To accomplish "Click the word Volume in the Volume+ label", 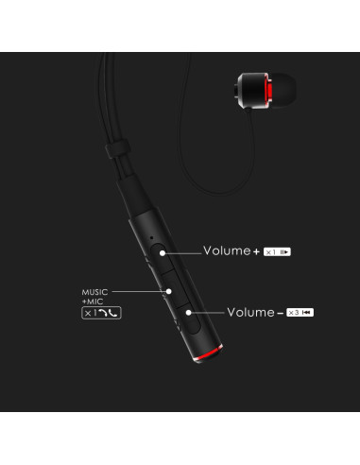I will pos(226,251).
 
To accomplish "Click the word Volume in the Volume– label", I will pos(249,310).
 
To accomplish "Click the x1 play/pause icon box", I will pos(277,252).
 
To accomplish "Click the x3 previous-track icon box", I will pos(300,311).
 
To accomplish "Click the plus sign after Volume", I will pos(256,252).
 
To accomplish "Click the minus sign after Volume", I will pos(280,311).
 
